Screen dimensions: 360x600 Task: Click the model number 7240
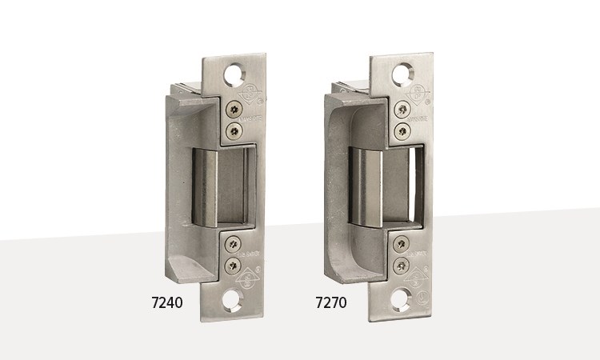click(167, 303)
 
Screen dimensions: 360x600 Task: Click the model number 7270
click(331, 303)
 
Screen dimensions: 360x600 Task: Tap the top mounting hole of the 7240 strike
click(236, 74)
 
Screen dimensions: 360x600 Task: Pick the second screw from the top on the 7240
click(234, 130)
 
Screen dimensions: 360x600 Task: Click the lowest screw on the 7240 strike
click(233, 264)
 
